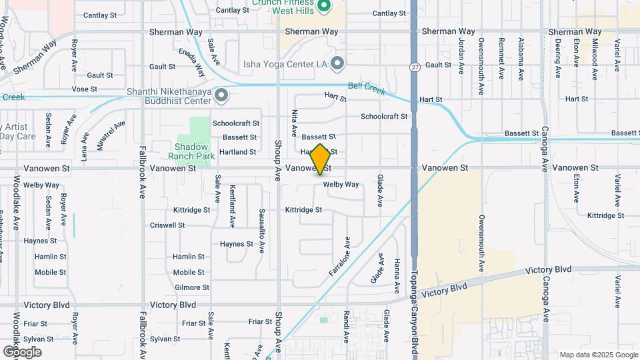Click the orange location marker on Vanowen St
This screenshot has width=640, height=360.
click(320, 159)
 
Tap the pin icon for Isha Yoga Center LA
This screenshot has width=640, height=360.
click(337, 63)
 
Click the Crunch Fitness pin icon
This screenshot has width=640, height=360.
click(325, 7)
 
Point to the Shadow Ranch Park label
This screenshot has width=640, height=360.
click(191, 151)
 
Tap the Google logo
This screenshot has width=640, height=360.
click(22, 351)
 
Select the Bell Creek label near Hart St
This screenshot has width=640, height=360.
click(366, 87)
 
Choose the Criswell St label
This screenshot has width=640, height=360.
click(168, 225)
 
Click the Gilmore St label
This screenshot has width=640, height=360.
click(191, 288)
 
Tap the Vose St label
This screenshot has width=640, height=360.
click(84, 89)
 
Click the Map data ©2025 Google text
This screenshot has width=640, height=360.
click(598, 355)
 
